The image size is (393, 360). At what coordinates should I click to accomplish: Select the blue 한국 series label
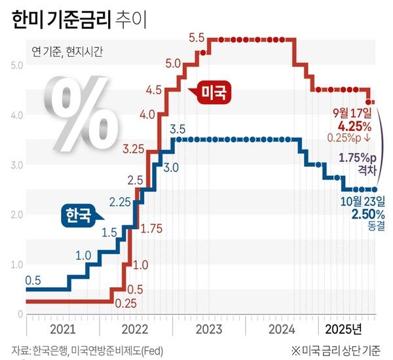pos(76,215)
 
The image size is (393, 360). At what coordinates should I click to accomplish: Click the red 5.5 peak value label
pos(196,38)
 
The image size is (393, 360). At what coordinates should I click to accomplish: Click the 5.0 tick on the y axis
pos(18,65)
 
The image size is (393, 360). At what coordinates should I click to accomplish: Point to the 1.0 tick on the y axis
pos(18,264)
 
